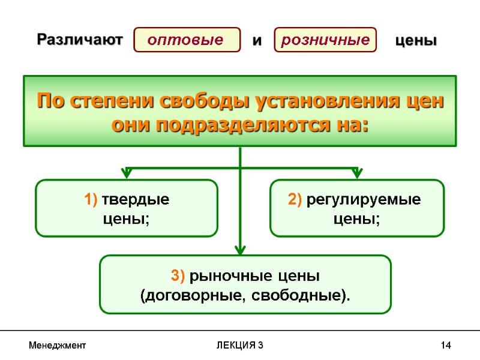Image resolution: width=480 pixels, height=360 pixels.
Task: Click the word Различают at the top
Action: [80, 40]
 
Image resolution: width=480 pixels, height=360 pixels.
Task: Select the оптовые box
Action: [185, 40]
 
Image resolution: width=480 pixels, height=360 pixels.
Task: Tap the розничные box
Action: [325, 40]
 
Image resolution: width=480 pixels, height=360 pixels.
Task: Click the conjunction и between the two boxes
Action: [257, 41]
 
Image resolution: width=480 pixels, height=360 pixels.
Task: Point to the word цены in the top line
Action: [416, 41]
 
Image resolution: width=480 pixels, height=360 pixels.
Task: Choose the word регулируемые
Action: [364, 200]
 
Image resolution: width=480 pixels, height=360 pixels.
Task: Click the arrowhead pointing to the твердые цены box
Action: [127, 173]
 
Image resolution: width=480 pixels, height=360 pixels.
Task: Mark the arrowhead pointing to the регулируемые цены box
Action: [356, 173]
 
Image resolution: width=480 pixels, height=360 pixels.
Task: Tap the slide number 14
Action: [445, 346]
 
